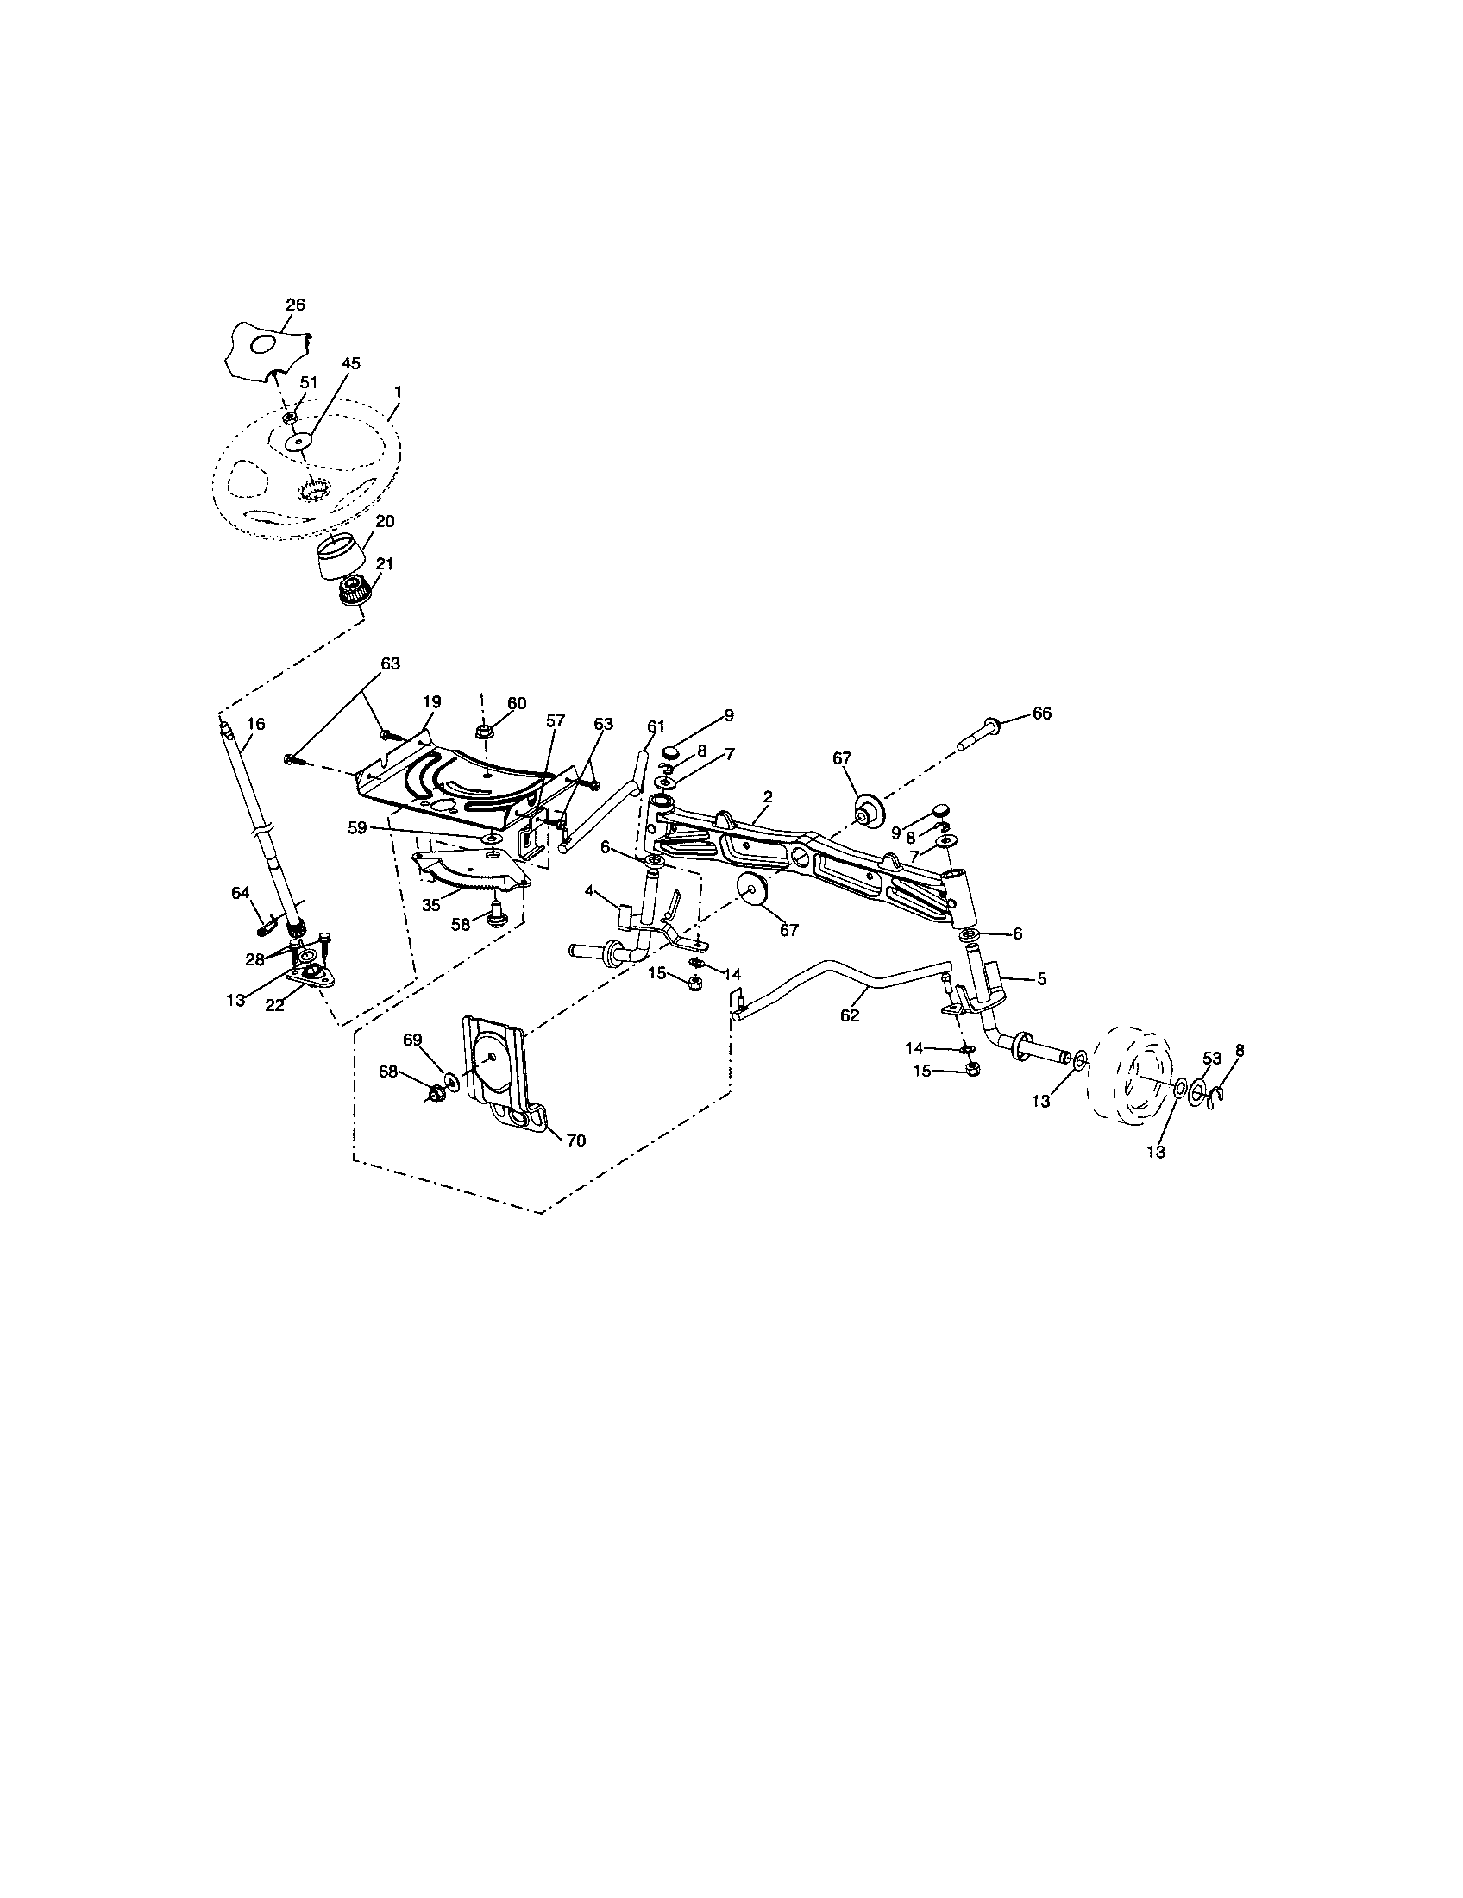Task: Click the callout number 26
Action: coord(295,305)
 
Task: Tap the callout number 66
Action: coord(1042,713)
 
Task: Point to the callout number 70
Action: coord(576,1141)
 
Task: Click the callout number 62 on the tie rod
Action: coord(850,1015)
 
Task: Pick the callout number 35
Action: coord(431,904)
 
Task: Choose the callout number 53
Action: coord(1212,1058)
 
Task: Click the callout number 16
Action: coord(255,723)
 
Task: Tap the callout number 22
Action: coord(274,1004)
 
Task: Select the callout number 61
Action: coord(655,726)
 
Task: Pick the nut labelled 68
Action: coord(434,1094)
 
